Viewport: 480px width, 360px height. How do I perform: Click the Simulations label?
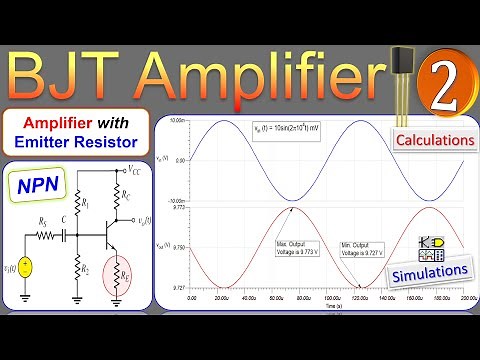[x=428, y=271]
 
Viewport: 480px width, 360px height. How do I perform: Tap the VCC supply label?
[x=133, y=172]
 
